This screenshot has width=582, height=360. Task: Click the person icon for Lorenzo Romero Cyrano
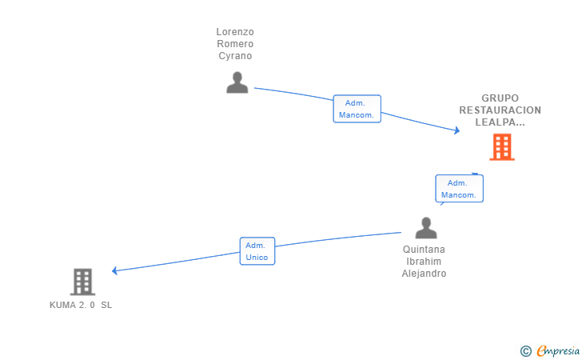point(237,82)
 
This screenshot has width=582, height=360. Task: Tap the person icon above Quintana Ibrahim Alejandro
point(426,228)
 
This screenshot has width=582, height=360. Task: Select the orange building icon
point(502,147)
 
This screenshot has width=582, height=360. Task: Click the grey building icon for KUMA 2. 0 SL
point(82,282)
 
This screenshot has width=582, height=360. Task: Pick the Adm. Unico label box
point(257,251)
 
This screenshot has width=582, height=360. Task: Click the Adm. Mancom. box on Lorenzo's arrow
point(357,109)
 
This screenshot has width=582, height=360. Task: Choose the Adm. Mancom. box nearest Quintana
point(459,189)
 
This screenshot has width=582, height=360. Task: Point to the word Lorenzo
point(235,32)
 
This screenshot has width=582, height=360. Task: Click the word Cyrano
point(235,56)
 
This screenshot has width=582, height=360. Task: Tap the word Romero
point(235,44)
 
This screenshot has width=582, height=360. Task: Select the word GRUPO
point(500,98)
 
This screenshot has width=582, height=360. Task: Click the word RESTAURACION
point(500,110)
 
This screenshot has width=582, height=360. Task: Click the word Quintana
point(424,250)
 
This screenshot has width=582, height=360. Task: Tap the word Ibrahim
point(424,261)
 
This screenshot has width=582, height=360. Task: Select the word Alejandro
point(424,274)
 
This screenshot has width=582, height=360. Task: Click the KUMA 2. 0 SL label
point(81,305)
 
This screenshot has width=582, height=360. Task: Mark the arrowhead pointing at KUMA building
point(115,270)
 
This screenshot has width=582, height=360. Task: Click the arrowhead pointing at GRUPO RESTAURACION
point(457,130)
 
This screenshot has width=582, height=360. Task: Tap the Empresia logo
point(550,350)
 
